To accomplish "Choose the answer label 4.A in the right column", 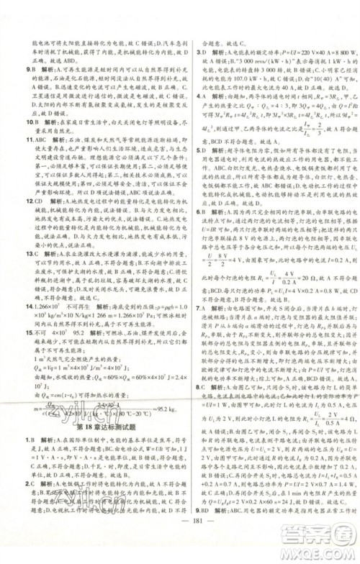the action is pos(204,96).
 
